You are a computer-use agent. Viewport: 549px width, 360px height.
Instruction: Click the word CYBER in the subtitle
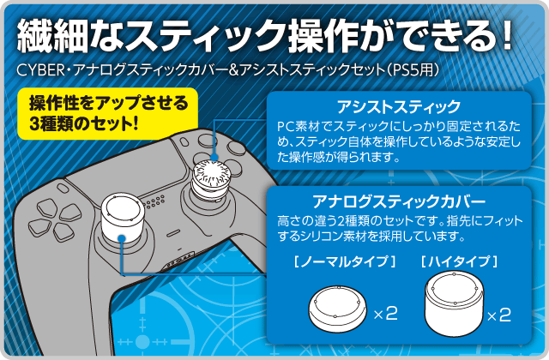tap(40, 70)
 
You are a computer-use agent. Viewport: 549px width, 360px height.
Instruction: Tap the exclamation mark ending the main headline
tap(505, 35)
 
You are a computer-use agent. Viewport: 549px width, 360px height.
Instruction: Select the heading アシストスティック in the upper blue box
tap(399, 106)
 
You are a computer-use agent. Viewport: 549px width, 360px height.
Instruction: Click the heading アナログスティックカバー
tap(399, 201)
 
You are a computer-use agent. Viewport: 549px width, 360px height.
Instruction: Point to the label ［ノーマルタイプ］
tap(345, 261)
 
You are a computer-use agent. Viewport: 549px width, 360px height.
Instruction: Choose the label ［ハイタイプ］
tap(460, 261)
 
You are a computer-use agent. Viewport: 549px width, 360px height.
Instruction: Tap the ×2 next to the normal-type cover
tap(385, 314)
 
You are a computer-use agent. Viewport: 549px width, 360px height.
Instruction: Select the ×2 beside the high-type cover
tap(499, 315)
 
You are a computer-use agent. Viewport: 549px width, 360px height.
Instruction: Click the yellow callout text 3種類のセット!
tap(84, 123)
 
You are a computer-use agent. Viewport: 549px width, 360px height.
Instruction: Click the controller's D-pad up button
tap(47, 207)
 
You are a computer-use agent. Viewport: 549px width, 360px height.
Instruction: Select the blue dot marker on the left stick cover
tap(122, 239)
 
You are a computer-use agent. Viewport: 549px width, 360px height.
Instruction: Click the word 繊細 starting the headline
tap(51, 36)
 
